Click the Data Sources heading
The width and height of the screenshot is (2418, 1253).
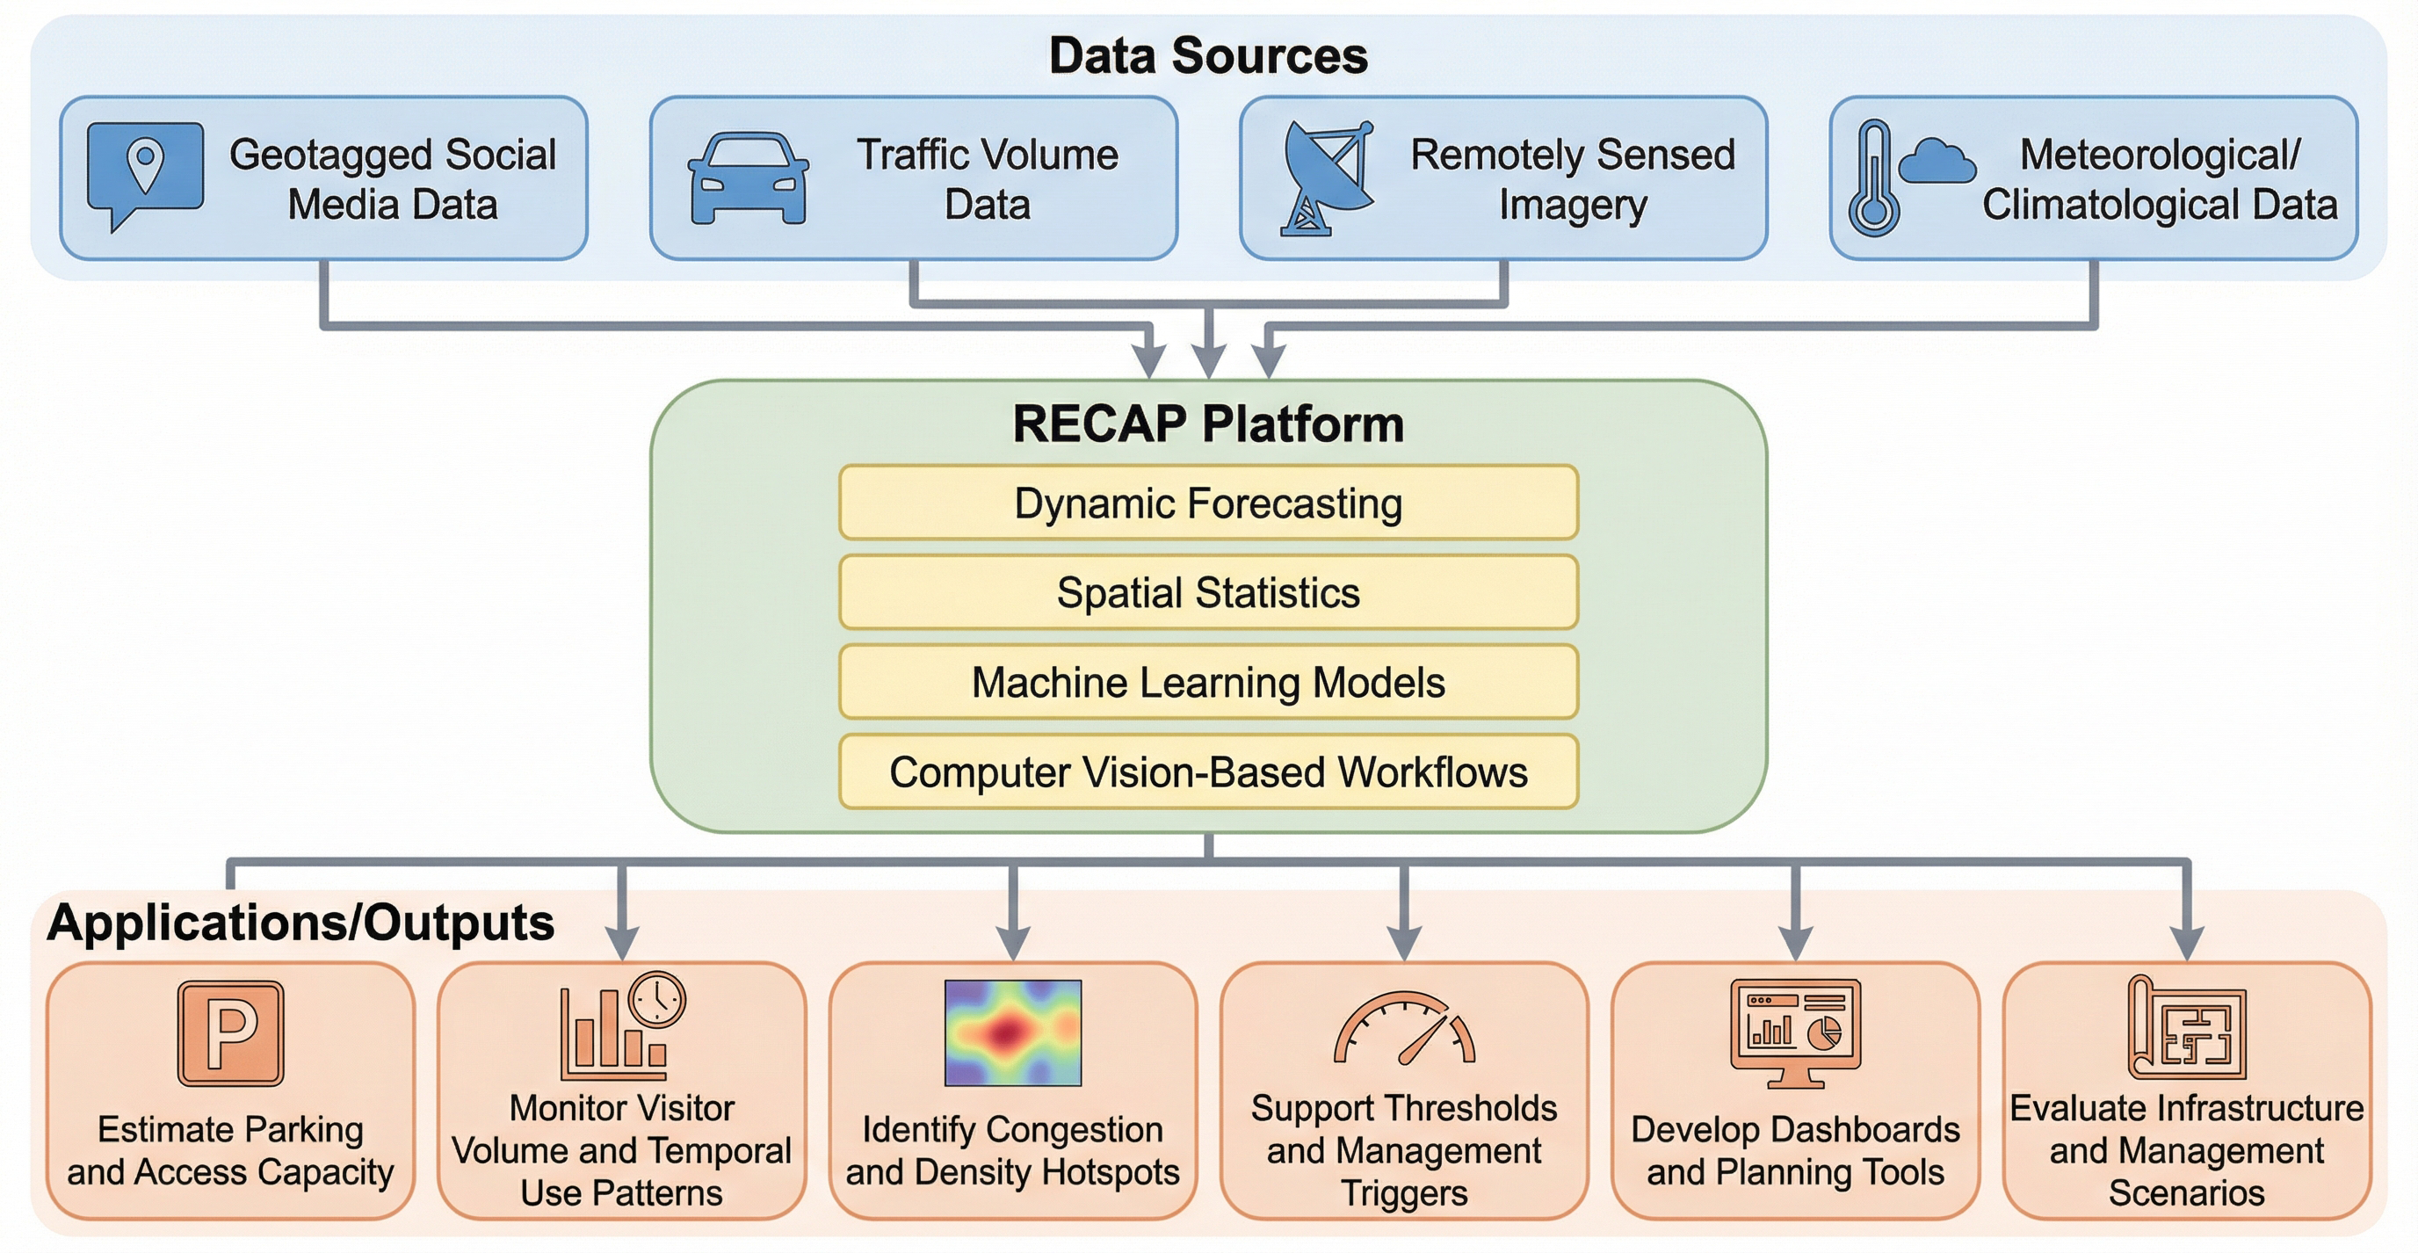pyautogui.click(x=1208, y=55)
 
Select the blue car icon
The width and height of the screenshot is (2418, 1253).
pyautogui.click(x=748, y=178)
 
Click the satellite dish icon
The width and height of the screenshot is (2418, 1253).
pyautogui.click(x=1325, y=178)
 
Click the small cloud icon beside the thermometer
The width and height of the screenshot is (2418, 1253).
pyautogui.click(x=1936, y=162)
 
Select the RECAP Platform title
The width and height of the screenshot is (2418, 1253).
pyautogui.click(x=1208, y=424)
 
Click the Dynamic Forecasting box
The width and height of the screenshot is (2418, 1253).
pyautogui.click(x=1208, y=503)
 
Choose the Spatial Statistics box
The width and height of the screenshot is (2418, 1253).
pyautogui.click(x=1208, y=592)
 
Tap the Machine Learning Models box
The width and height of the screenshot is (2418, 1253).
pyautogui.click(x=1208, y=683)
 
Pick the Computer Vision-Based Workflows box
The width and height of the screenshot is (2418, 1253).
pyautogui.click(x=1208, y=771)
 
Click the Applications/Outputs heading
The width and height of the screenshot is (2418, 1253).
pyautogui.click(x=300, y=923)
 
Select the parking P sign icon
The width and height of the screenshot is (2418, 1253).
pyautogui.click(x=230, y=1033)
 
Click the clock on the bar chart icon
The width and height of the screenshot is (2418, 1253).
pyautogui.click(x=657, y=999)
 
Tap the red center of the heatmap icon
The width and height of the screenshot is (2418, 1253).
pyautogui.click(x=1007, y=1032)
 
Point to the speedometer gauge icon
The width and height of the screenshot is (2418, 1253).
pyautogui.click(x=1404, y=1030)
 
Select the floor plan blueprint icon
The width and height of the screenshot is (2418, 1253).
pyautogui.click(x=2187, y=1029)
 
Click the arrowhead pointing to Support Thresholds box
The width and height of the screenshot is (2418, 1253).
pyautogui.click(x=1404, y=941)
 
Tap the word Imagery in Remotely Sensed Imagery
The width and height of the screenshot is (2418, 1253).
pyautogui.click(x=1574, y=206)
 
